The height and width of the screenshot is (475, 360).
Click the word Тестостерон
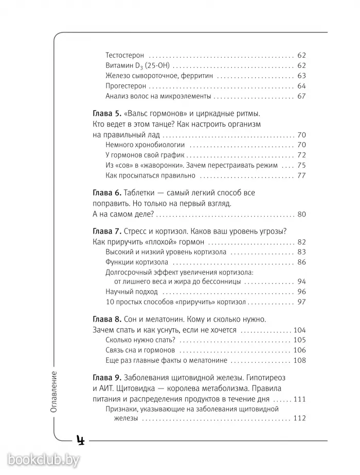pyautogui.click(x=125, y=55)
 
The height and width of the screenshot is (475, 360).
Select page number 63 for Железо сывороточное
pyautogui.click(x=301, y=76)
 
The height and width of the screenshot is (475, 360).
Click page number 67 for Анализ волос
pyautogui.click(x=301, y=96)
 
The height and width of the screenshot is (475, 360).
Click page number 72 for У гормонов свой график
pyautogui.click(x=301, y=155)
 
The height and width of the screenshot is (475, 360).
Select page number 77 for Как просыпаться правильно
pyautogui.click(x=301, y=176)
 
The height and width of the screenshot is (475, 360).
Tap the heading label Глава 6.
pyautogui.click(x=106, y=193)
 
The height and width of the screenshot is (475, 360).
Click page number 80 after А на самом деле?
pyautogui.click(x=301, y=215)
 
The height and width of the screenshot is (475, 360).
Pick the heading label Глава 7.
pyautogui.click(x=106, y=232)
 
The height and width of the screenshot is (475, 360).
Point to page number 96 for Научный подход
pyautogui.click(x=301, y=292)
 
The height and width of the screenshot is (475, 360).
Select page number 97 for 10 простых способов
pyautogui.click(x=301, y=302)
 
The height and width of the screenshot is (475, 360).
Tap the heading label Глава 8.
pyautogui.click(x=106, y=320)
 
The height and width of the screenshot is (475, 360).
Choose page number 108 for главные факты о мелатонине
pyautogui.click(x=299, y=360)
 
